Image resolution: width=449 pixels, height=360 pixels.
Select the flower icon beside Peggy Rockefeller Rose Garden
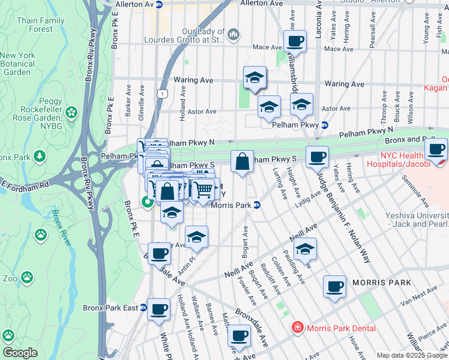pos(72,112)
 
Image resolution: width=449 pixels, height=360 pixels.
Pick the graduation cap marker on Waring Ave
pos(255,78)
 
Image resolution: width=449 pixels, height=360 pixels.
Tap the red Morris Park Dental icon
pos(297,328)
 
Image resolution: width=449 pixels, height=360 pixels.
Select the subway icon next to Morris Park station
pos(256,205)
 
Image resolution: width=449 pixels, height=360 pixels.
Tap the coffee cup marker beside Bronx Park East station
pos(159,310)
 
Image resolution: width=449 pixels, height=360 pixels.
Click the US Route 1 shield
pos(161,94)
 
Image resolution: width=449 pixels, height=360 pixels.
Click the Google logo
pos(20,352)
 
